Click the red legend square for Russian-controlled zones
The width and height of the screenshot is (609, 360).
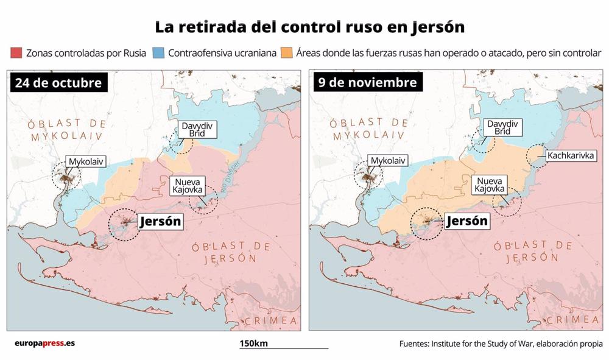click(16, 53)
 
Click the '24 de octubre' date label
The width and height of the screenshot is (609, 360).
click(58, 83)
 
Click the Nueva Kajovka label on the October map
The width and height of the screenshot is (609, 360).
click(188, 186)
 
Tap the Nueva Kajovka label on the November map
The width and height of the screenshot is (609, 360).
click(490, 185)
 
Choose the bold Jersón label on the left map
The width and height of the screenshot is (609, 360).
click(160, 222)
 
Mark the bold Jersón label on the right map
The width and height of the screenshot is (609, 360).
click(467, 221)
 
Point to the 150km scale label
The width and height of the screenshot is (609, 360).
click(253, 344)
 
